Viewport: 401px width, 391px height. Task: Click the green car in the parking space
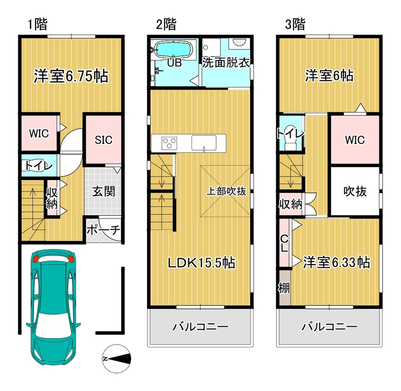pyautogui.click(x=53, y=307)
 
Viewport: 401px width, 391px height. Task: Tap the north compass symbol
pyautogui.click(x=116, y=358)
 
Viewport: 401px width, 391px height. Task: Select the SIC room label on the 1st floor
pyautogui.click(x=103, y=140)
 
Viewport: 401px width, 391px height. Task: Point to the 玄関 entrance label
pyautogui.click(x=104, y=191)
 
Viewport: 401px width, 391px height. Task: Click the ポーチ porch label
pyautogui.click(x=103, y=230)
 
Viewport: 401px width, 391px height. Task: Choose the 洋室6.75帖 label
pyautogui.click(x=71, y=76)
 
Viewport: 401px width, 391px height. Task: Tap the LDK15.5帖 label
pyautogui.click(x=202, y=263)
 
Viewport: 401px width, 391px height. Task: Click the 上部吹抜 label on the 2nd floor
pyautogui.click(x=227, y=191)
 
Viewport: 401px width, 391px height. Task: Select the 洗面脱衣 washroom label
pyautogui.click(x=226, y=62)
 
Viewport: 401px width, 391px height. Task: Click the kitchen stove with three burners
pyautogui.click(x=169, y=143)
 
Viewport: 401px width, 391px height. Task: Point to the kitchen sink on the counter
pyautogui.click(x=204, y=143)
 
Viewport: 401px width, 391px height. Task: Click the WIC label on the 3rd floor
pyautogui.click(x=355, y=140)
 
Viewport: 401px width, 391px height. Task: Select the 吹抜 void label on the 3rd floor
pyautogui.click(x=355, y=191)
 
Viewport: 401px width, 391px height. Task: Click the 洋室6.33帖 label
pyautogui.click(x=336, y=262)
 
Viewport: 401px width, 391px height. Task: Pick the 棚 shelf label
pyautogui.click(x=284, y=288)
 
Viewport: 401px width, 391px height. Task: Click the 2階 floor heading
pyautogui.click(x=166, y=25)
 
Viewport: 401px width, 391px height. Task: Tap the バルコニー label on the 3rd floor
pyautogui.click(x=329, y=327)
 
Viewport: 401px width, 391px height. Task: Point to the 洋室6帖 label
pyautogui.click(x=329, y=76)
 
